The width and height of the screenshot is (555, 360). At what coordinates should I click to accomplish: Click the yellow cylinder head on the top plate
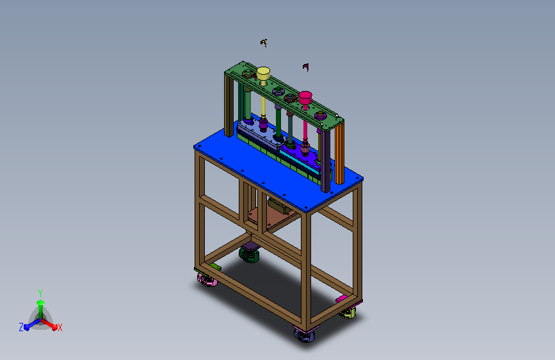[x=263, y=74]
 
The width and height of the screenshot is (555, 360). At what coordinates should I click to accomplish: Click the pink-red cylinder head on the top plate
[x=305, y=97]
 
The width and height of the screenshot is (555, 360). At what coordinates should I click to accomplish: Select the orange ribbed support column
[x=339, y=152]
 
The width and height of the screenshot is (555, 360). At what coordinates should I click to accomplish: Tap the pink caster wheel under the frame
[x=207, y=279]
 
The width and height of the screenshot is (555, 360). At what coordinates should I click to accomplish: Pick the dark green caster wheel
[x=249, y=255]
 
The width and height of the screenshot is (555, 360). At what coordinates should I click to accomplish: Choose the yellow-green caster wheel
[x=348, y=313]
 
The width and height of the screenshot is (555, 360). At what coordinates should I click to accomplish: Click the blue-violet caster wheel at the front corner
[x=305, y=334]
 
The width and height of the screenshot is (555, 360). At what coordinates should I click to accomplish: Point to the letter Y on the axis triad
[x=40, y=293]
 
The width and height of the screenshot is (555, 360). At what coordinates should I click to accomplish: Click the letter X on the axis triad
[x=60, y=327]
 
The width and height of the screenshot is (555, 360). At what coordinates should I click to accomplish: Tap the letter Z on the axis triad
[x=21, y=327]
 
